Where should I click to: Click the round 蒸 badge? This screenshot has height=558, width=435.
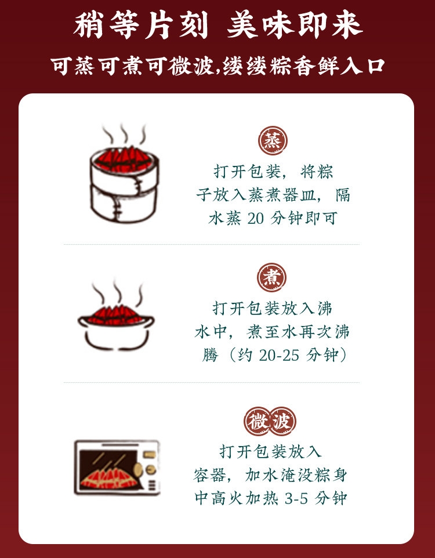click(273, 140)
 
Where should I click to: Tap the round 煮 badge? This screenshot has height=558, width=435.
click(271, 277)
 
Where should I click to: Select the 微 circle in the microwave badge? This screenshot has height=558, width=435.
click(258, 421)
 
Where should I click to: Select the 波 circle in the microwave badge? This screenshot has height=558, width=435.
click(282, 421)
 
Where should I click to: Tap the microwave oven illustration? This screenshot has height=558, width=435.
click(117, 468)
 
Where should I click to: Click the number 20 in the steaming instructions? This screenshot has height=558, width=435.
click(255, 218)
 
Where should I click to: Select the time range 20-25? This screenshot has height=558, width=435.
click(279, 355)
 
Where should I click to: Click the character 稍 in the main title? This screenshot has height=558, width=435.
click(88, 26)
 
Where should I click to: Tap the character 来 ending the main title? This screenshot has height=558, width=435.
click(347, 26)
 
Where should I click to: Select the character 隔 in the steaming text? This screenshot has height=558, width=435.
click(342, 195)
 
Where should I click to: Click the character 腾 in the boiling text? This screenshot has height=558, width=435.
click(210, 355)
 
